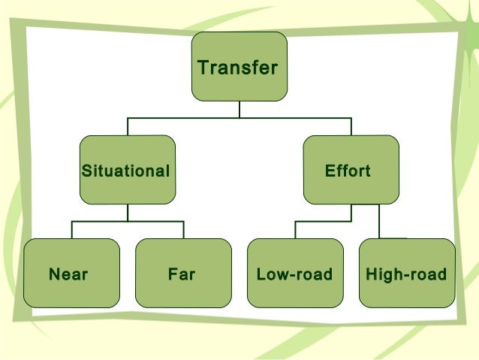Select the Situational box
127,170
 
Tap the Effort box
351,170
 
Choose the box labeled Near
71,273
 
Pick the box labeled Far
183,273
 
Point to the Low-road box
295,273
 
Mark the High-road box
407,273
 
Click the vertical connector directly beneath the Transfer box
239,110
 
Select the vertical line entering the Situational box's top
128,126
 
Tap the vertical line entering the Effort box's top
351,126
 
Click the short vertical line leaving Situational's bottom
128,213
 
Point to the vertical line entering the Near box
72,230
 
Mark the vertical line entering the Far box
183,230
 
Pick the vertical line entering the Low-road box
295,230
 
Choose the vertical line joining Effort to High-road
379,221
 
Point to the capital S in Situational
86,171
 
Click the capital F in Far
173,274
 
